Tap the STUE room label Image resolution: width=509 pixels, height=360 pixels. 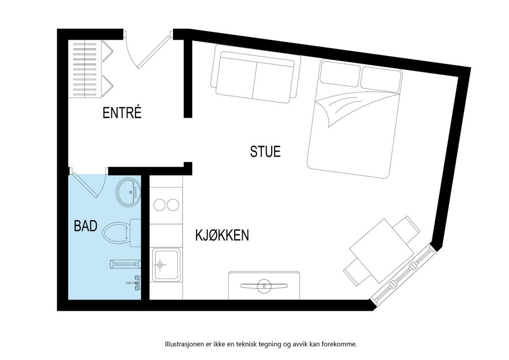(265, 152)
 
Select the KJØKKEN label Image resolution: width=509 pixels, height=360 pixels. (222, 235)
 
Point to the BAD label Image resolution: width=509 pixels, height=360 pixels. (86, 226)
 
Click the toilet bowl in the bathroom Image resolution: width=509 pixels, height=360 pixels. (115, 233)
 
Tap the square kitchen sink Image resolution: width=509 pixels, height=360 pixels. (166, 264)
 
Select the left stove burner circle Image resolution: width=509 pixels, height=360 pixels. (159, 205)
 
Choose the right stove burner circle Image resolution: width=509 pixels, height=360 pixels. (173, 205)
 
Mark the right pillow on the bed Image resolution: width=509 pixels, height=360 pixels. (381, 79)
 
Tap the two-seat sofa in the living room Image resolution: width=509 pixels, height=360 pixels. (256, 74)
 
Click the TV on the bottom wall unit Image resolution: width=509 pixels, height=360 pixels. (264, 285)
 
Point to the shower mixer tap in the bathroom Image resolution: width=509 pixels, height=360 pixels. (134, 283)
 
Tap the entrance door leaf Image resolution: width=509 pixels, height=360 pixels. (154, 52)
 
